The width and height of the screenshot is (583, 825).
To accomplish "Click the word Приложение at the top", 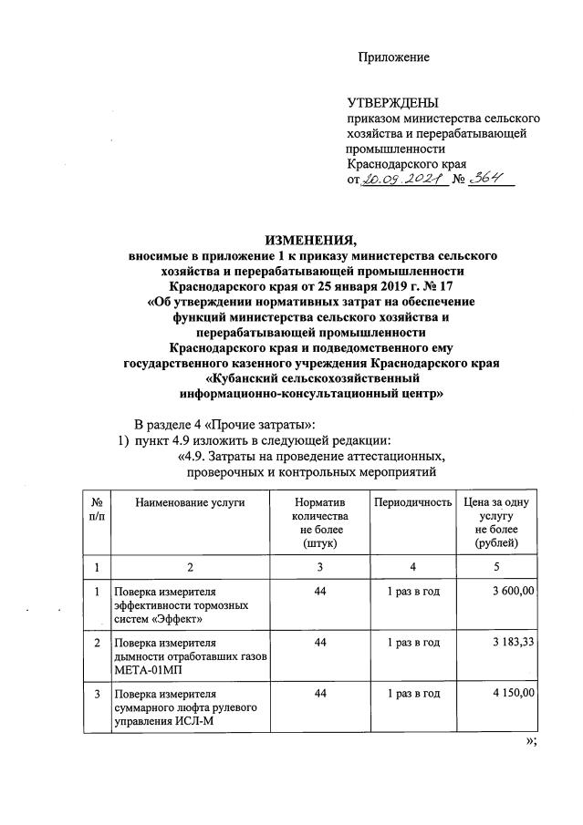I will [393, 57].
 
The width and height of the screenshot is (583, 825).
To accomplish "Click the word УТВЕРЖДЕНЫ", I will [392, 102].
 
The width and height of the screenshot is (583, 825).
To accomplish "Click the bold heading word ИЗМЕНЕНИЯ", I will [310, 241].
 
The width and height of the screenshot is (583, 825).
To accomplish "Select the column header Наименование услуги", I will [190, 502].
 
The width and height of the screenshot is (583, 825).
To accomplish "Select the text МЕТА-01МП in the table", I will [144, 669].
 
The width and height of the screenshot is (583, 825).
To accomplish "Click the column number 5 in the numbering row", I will [497, 567].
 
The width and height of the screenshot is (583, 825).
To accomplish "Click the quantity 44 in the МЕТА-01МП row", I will [319, 643].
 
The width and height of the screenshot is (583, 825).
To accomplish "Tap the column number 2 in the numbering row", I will [190, 567].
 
